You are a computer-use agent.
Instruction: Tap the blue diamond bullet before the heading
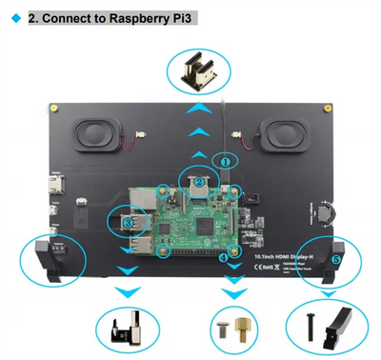[x=14, y=18]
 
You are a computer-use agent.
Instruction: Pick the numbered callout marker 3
[x=127, y=222]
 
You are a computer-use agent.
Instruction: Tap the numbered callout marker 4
[x=223, y=257]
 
